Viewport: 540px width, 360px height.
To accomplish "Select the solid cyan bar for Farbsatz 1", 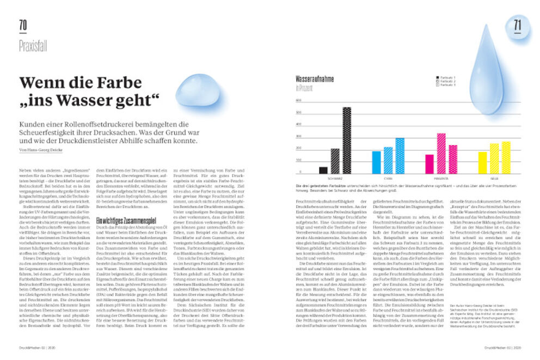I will coord(376,162).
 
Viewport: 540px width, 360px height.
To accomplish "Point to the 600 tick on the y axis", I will coord(299,101).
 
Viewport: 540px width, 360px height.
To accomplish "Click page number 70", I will coord(23,25).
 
